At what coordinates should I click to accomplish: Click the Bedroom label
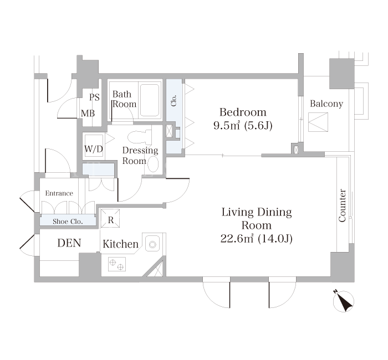(x=243, y=112)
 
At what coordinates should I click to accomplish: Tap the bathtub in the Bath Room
(x=150, y=100)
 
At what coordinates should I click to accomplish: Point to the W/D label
(x=94, y=149)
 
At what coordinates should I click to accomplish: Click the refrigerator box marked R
(x=110, y=218)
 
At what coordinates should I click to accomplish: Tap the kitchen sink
(x=152, y=244)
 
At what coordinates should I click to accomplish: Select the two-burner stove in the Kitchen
(x=117, y=264)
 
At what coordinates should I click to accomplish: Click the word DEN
(x=69, y=243)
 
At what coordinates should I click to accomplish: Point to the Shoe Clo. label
(x=68, y=222)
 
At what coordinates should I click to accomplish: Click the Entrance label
(x=59, y=193)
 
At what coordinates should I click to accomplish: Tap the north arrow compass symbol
(x=344, y=301)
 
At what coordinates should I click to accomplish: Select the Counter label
(x=342, y=205)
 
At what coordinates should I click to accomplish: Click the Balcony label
(x=326, y=104)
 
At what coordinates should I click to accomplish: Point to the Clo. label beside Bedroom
(x=173, y=100)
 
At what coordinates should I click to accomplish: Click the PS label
(x=94, y=97)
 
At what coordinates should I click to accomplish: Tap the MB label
(x=88, y=114)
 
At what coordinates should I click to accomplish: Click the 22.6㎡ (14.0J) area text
(x=256, y=239)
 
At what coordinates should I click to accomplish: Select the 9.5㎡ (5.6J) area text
(x=243, y=126)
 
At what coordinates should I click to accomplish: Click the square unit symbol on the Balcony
(x=318, y=122)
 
